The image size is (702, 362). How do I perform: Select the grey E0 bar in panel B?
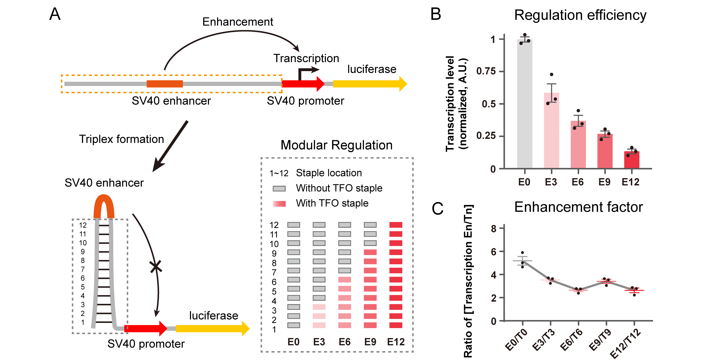(525, 104)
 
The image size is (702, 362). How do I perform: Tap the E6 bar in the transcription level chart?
(578, 145)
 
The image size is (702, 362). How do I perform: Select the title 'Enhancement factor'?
(578, 207)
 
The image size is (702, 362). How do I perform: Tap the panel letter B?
(436, 14)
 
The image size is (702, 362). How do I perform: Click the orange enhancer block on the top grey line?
(165, 84)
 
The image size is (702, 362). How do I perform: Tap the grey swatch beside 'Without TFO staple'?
(279, 189)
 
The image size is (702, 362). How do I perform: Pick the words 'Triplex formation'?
(122, 139)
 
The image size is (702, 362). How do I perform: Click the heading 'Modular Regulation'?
(337, 145)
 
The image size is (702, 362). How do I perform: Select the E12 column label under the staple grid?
(396, 342)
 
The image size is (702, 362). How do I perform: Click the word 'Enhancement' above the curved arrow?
(238, 22)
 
